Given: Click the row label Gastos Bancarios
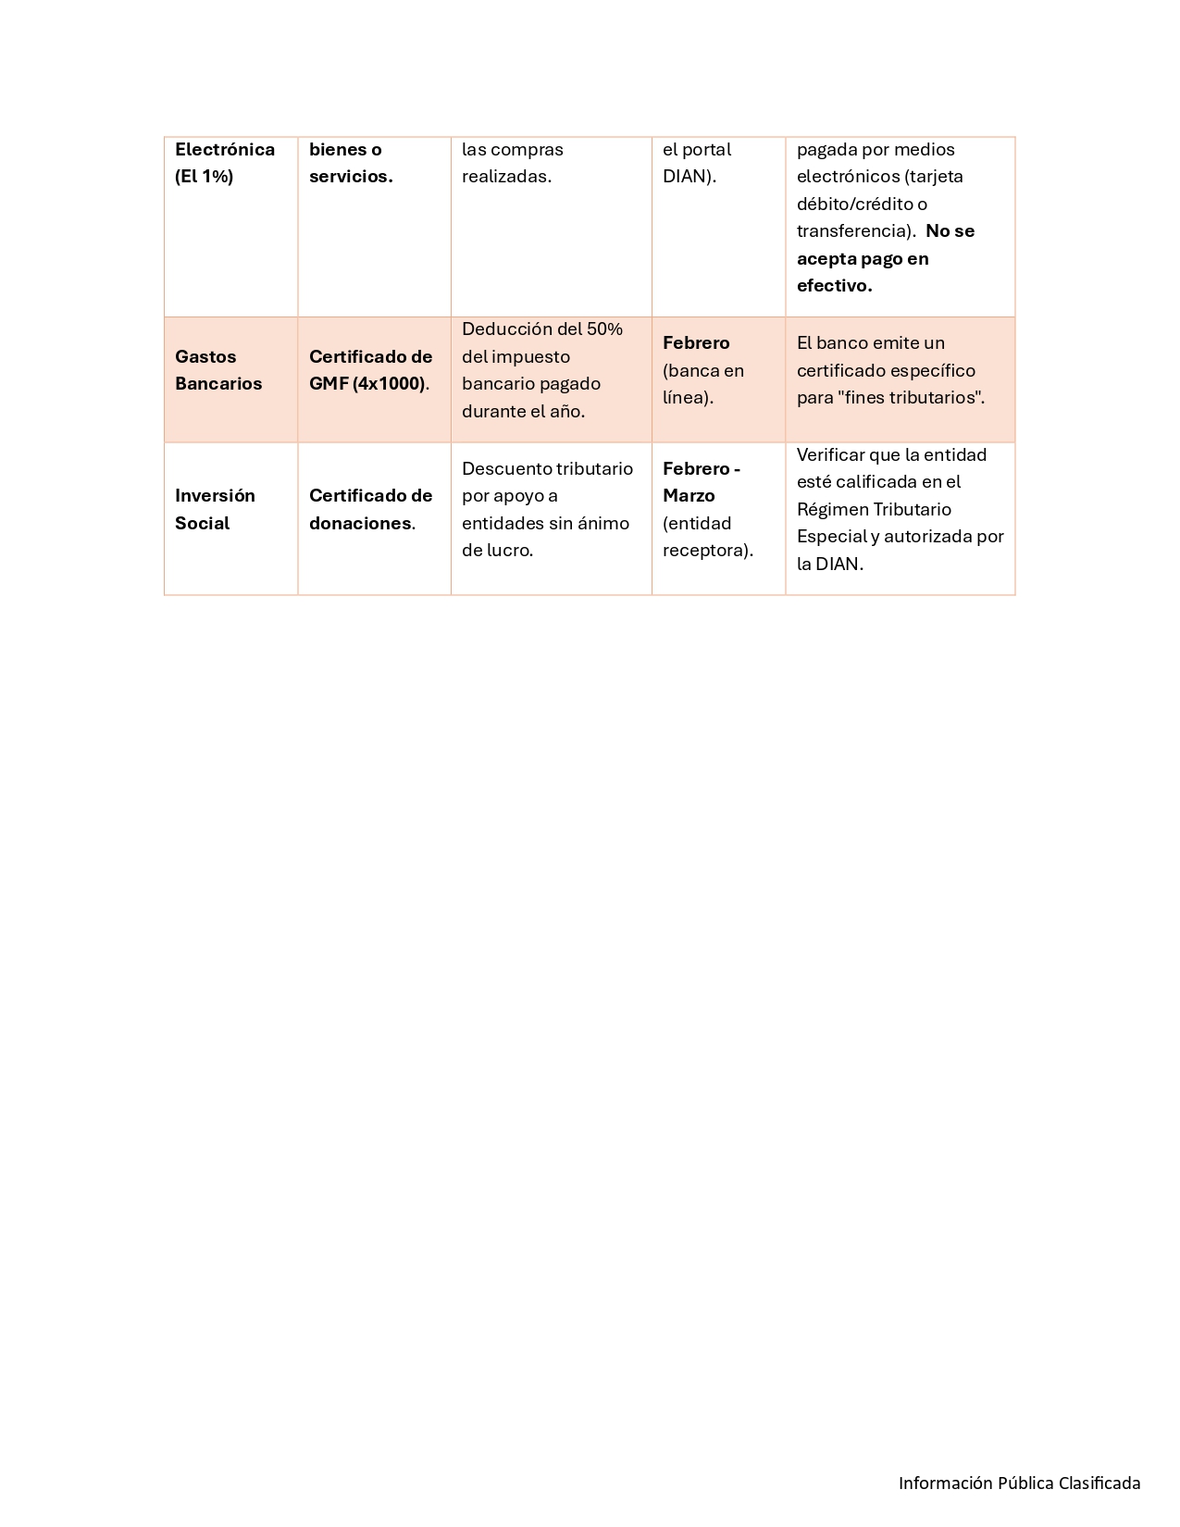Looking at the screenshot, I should coord(218,370).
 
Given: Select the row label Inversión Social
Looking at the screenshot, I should coord(215,509).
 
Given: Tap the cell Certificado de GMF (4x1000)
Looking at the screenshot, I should coord(370,370).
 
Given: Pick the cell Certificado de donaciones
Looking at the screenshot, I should coord(370,509).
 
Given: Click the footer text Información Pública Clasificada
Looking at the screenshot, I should coord(1019,1483).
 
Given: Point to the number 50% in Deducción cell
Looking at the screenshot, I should coord(604,329).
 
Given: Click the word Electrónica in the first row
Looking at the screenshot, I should coord(225,150).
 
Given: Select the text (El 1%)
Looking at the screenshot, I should coord(204,177).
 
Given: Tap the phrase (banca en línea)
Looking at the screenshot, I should coord(703,384).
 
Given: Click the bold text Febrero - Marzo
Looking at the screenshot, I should coord(701,482).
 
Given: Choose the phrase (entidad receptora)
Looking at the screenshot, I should coord(708,537).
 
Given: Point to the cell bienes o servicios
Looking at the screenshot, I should coord(351,163).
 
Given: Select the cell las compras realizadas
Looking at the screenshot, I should coord(513,163).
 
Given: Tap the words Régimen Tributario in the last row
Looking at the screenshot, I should coord(874,510).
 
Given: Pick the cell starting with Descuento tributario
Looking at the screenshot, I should coord(547,509).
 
